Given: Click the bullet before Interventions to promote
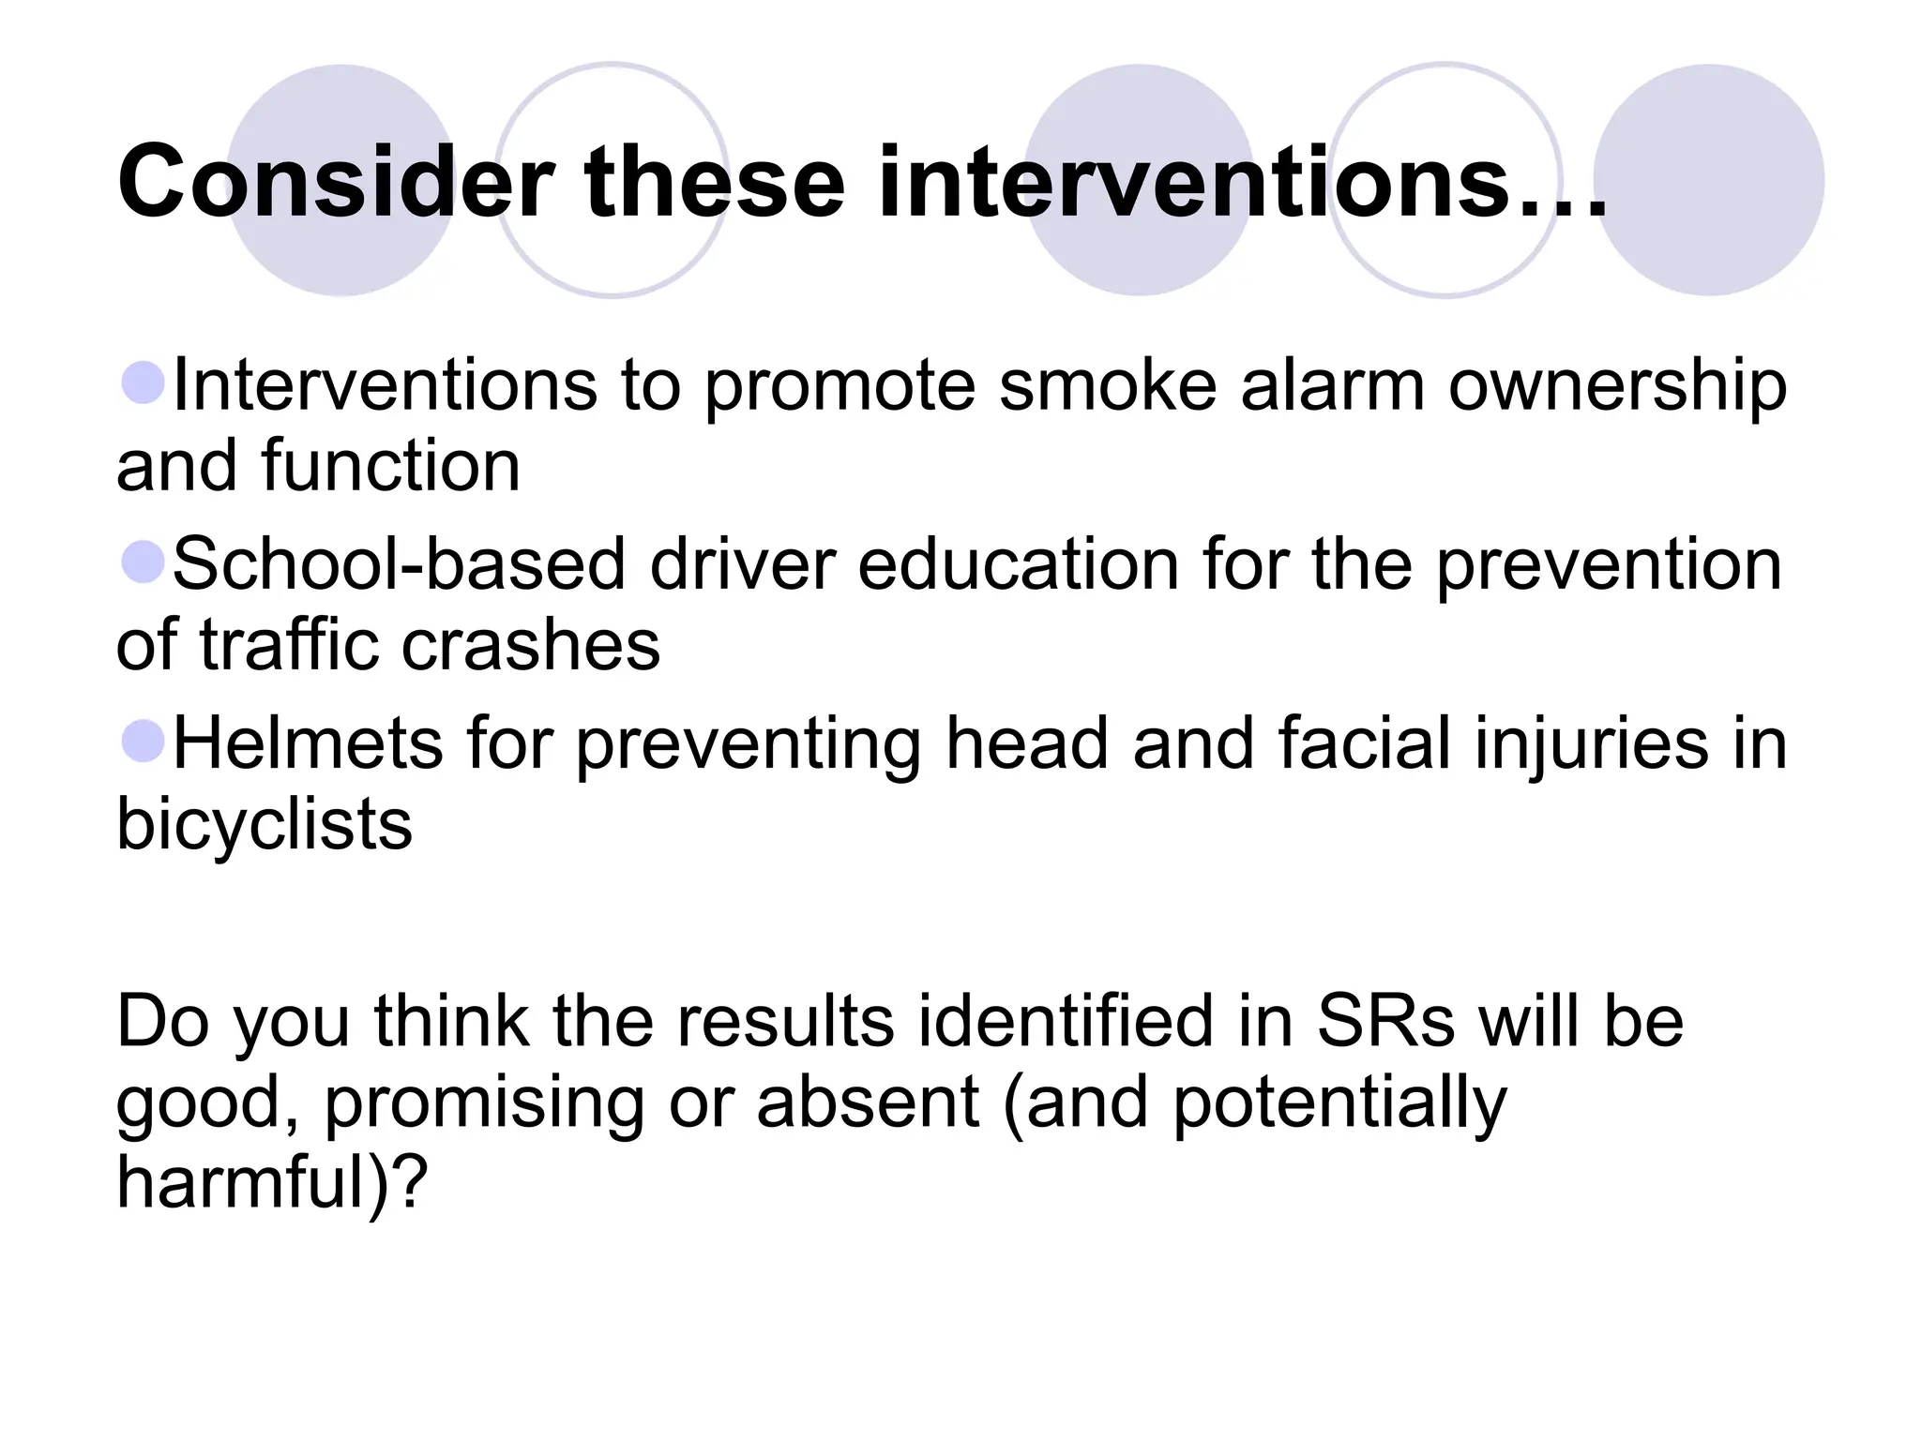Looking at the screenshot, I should point(144,383).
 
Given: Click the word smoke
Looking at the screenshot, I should point(1107,385).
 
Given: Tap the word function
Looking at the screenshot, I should point(391,466).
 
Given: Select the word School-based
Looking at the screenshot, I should point(399,565).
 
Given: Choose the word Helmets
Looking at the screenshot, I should point(308,744).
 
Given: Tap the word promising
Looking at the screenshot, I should point(484,1104).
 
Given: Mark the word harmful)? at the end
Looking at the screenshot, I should point(272,1183).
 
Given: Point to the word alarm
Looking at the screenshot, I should point(1332,385).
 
